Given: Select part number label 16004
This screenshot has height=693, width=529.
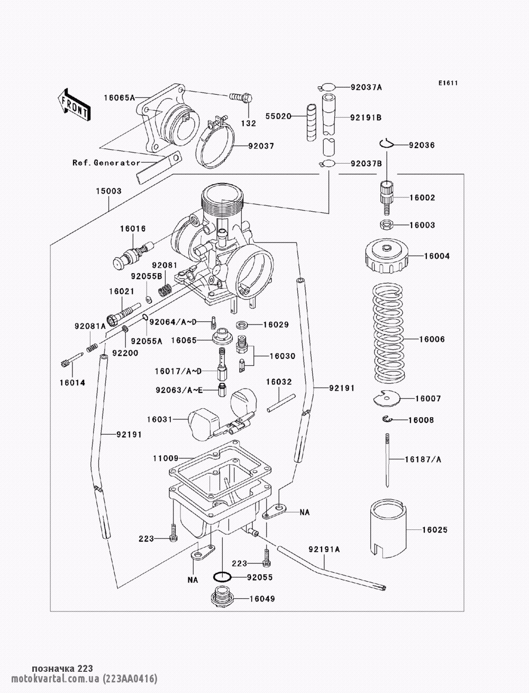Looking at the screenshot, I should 437,256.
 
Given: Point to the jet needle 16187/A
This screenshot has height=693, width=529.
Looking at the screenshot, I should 388,458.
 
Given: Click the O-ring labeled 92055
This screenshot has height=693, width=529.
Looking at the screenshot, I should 222,577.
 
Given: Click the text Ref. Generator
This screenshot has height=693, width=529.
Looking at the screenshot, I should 106,163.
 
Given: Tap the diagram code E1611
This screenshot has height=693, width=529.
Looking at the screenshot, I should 448,83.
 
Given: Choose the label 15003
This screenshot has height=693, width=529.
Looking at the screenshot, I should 108,191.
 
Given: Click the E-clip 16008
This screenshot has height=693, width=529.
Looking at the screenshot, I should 388,420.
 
